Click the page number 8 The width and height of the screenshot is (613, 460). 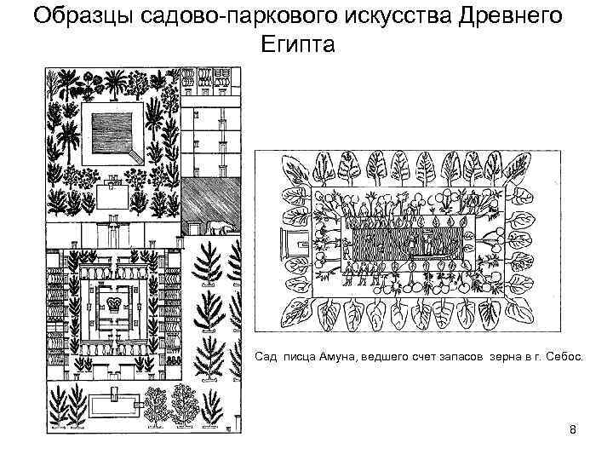pos(573,429)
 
